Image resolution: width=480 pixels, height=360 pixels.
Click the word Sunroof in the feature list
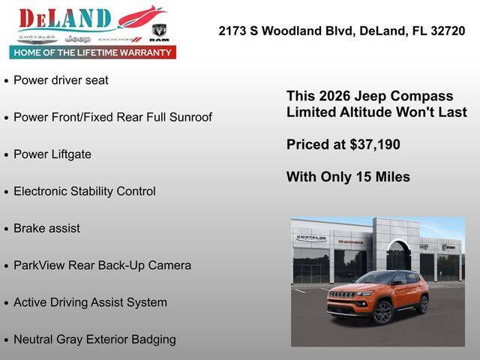[189, 117]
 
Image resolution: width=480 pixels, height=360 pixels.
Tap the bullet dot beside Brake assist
[7, 229]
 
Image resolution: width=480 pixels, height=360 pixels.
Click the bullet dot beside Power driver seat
[7, 80]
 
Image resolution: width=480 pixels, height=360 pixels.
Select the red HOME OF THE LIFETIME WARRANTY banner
[93, 52]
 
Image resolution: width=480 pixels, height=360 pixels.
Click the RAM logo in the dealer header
[159, 31]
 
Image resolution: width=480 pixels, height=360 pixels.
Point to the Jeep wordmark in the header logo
[77, 38]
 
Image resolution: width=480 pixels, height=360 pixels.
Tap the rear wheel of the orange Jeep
[423, 304]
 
